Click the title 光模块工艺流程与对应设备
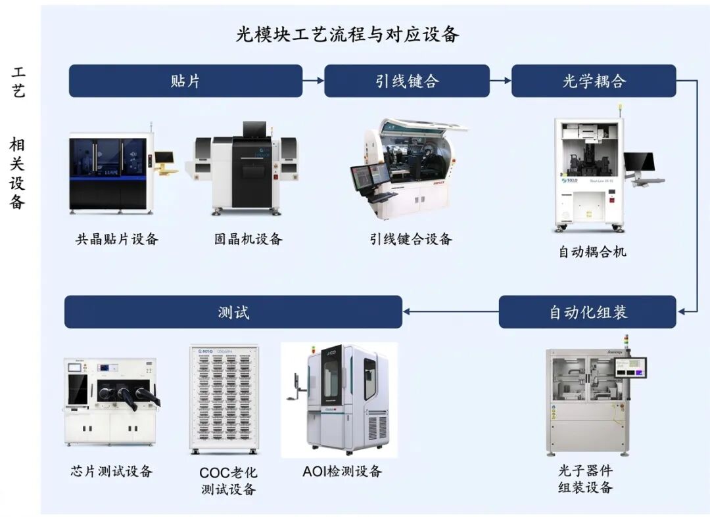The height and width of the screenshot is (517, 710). (x=347, y=34)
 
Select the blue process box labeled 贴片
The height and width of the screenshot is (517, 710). (x=185, y=81)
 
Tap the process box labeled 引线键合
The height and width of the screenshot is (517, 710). (x=406, y=81)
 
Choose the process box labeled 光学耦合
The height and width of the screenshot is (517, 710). (x=593, y=81)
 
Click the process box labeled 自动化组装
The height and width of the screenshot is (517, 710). (x=587, y=312)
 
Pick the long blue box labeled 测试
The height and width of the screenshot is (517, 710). (x=233, y=312)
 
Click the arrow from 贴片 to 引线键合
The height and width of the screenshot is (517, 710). (x=314, y=80)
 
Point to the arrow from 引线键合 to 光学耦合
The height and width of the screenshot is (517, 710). (x=500, y=80)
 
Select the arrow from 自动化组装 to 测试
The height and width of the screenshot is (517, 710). (x=450, y=312)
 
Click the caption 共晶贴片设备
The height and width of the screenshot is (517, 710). (x=117, y=239)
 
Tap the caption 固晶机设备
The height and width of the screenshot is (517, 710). (x=248, y=239)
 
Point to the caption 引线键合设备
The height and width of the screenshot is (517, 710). (x=410, y=239)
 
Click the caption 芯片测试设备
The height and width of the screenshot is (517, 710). (x=112, y=472)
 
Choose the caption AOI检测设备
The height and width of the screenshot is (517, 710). (x=342, y=472)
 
